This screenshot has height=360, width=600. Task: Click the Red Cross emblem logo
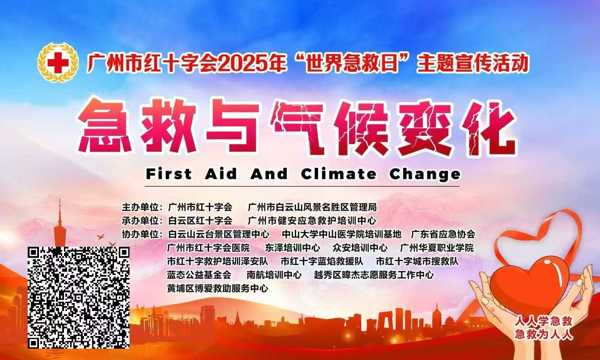58,62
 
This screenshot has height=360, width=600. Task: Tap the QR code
78,297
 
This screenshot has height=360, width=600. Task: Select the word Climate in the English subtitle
338,174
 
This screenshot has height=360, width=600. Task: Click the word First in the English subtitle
169,174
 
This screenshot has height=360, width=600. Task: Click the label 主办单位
140,207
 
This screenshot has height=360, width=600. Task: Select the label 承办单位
140,221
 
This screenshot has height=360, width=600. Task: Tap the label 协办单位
140,234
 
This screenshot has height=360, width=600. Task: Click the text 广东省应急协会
443,234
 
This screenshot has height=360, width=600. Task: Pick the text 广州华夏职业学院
436,248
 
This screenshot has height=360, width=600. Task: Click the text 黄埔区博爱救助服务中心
218,288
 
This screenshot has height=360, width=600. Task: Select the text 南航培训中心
274,275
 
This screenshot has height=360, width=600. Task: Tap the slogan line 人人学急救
543,321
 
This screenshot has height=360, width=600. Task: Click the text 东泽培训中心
293,248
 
